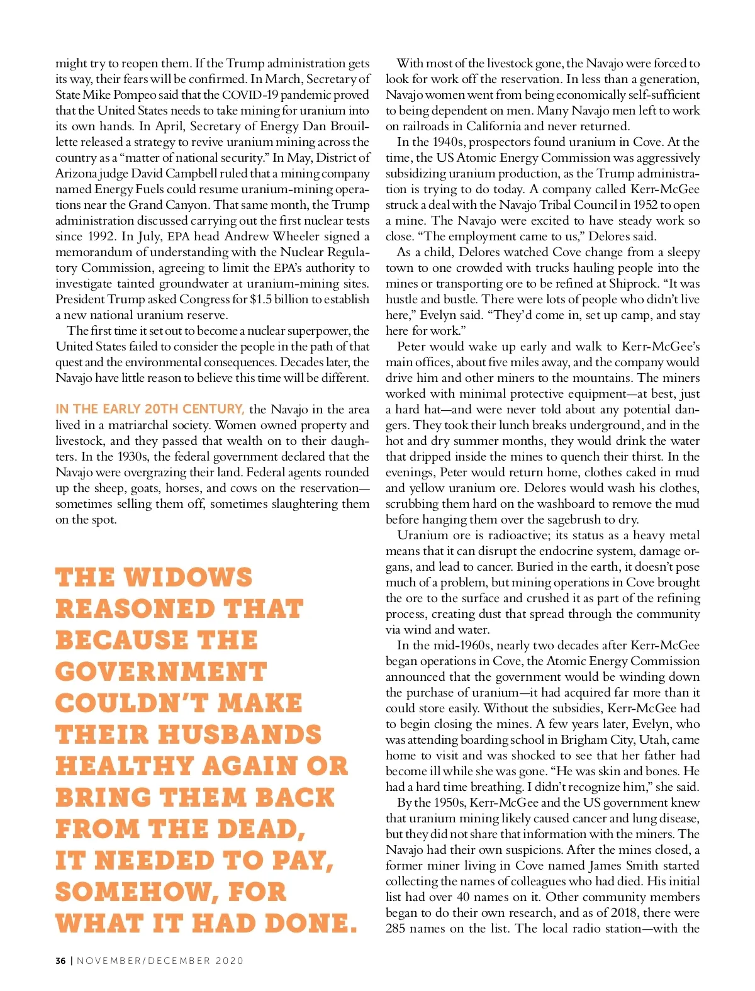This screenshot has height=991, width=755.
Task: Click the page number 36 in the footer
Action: point(60,961)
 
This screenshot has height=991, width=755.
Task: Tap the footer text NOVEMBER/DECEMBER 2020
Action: point(160,961)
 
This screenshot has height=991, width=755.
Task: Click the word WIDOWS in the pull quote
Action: point(187,578)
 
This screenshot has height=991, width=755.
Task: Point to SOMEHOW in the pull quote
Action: point(135,892)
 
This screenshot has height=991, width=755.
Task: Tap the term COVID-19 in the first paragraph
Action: point(250,95)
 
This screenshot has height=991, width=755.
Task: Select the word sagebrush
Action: point(569,520)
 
